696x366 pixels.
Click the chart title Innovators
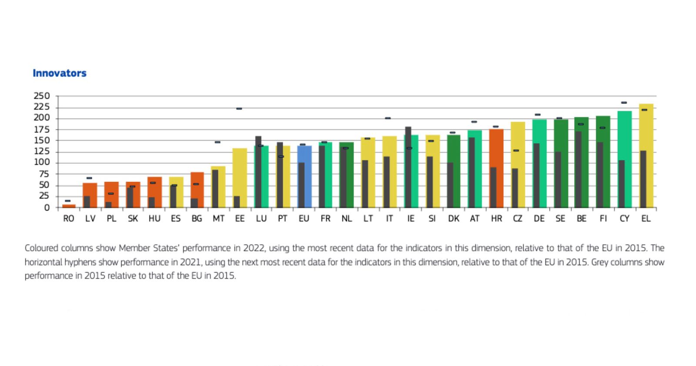click(x=60, y=73)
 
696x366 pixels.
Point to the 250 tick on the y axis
click(x=42, y=96)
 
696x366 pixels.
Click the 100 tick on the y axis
click(x=42, y=163)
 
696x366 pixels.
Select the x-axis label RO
click(x=69, y=219)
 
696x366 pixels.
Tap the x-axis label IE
click(x=411, y=219)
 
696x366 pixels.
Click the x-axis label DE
click(x=539, y=219)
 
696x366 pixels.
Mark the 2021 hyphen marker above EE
click(x=239, y=109)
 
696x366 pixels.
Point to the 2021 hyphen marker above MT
click(x=217, y=142)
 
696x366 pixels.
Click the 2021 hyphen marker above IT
click(x=388, y=118)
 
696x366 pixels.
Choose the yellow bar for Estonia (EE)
click(x=242, y=174)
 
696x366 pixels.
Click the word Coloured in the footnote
click(x=41, y=248)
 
